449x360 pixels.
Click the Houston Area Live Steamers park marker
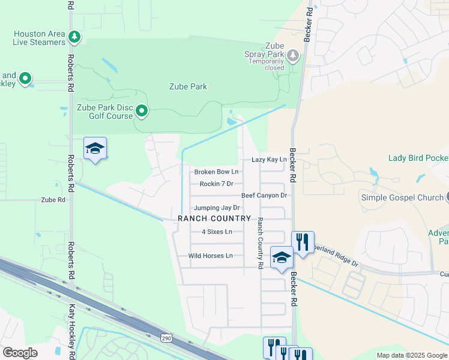pyautogui.click(x=74, y=37)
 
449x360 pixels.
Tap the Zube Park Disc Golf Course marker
pyautogui.click(x=142, y=110)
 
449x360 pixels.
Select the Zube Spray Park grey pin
pyautogui.click(x=293, y=56)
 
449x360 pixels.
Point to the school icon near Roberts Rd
pyautogui.click(x=95, y=148)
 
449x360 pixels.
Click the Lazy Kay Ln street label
pyautogui.click(x=269, y=160)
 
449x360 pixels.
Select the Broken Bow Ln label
pyautogui.click(x=216, y=172)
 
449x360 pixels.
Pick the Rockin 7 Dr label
pyautogui.click(x=216, y=184)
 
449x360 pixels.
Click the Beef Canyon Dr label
pyautogui.click(x=264, y=196)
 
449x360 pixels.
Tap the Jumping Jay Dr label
pyautogui.click(x=216, y=208)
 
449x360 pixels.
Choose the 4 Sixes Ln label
pyautogui.click(x=217, y=232)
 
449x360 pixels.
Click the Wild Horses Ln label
pyautogui.click(x=210, y=256)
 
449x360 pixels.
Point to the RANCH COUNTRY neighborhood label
pyautogui.click(x=214, y=219)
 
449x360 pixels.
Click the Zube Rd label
pyautogui.click(x=53, y=200)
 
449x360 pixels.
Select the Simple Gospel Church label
pyautogui.click(x=402, y=197)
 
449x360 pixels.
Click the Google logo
pyautogui.click(x=19, y=353)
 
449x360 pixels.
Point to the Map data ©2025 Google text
pyautogui.click(x=411, y=355)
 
